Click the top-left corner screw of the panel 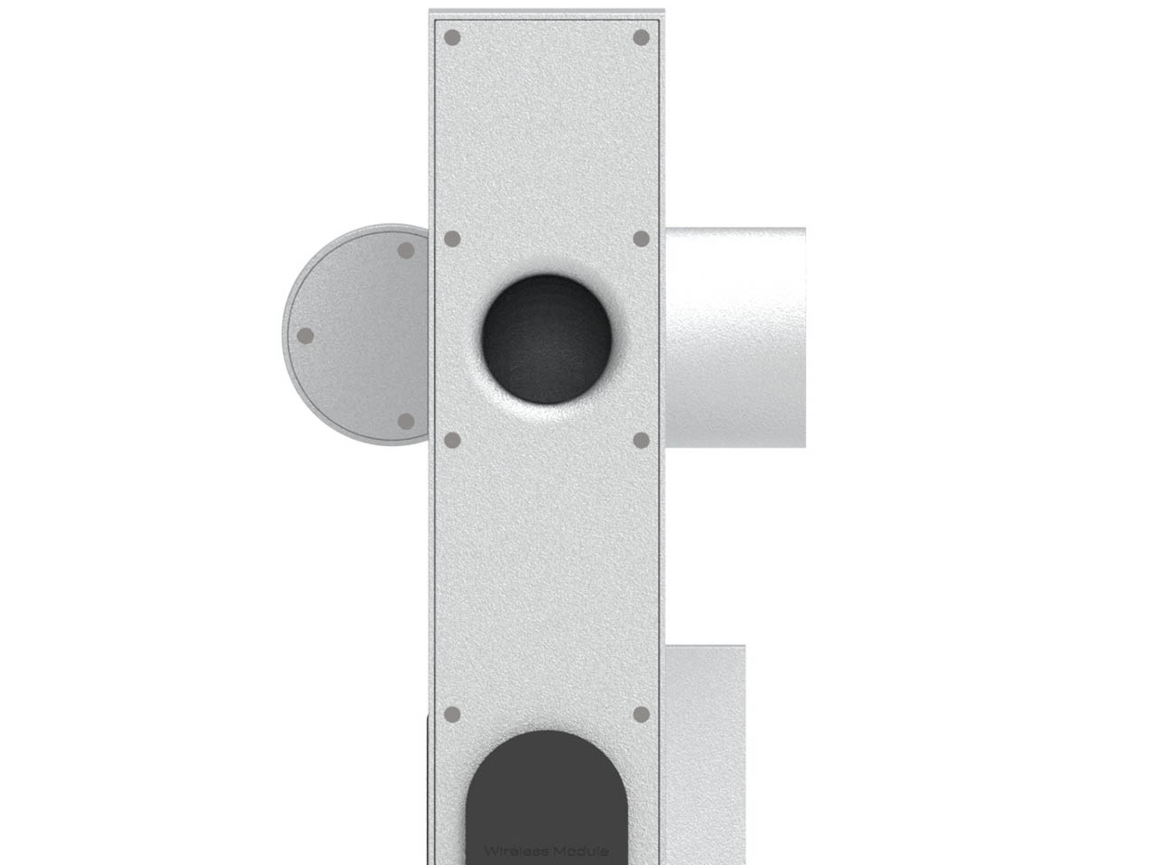[x=453, y=38]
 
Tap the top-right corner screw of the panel [x=641, y=38]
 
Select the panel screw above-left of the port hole [x=453, y=239]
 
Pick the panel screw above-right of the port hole [x=641, y=239]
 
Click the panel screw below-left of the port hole [x=453, y=440]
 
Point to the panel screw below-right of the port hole [x=641, y=440]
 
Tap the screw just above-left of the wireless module [x=453, y=715]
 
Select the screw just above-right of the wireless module [x=641, y=715]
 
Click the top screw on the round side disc [x=405, y=250]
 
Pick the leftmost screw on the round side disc [x=305, y=335]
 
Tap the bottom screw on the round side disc [x=405, y=421]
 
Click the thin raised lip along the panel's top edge [x=547, y=13]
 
